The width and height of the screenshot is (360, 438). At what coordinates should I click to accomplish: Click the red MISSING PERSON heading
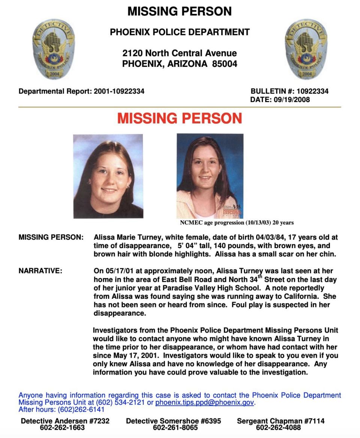pyautogui.click(x=180, y=119)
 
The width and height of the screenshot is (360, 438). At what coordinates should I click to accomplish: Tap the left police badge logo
pyautogui.click(x=53, y=49)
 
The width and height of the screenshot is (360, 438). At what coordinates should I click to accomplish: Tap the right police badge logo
pyautogui.click(x=306, y=49)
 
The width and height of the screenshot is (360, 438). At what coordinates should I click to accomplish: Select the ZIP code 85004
pyautogui.click(x=225, y=64)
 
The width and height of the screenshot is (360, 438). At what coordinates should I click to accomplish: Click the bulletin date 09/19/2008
pyautogui.click(x=291, y=100)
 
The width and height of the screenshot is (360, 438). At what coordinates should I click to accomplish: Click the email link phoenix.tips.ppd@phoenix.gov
pyautogui.click(x=205, y=403)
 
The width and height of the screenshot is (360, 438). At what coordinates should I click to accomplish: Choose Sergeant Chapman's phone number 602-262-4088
pyautogui.click(x=280, y=427)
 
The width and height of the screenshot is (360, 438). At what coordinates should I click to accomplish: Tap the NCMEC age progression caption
pyautogui.click(x=237, y=223)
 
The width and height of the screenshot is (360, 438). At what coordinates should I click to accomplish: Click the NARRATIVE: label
pyautogui.click(x=40, y=271)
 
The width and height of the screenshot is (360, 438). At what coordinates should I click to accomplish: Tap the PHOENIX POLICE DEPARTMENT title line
pyautogui.click(x=180, y=32)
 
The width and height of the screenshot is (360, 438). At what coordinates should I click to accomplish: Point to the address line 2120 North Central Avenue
pyautogui.click(x=180, y=53)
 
